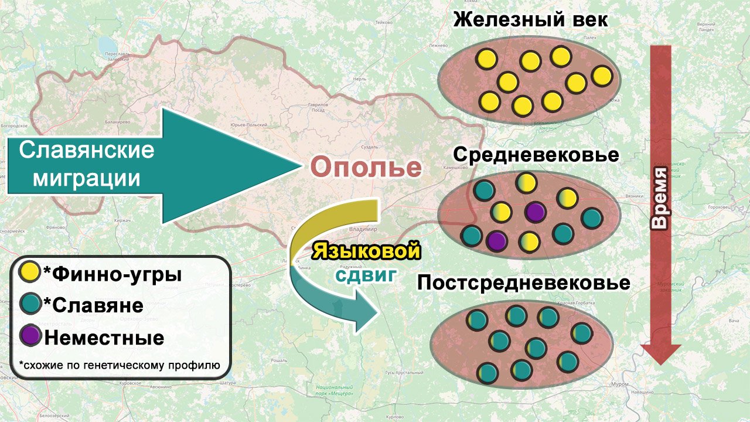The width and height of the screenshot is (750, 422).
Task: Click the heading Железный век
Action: pyautogui.click(x=531, y=20)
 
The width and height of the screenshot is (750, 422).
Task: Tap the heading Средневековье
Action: pyautogui.click(x=536, y=155)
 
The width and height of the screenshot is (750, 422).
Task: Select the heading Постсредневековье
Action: pyautogui.click(x=523, y=284)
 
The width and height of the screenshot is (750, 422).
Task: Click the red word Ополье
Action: pyautogui.click(x=366, y=168)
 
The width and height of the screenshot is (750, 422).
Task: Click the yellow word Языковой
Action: pyautogui.click(x=367, y=251)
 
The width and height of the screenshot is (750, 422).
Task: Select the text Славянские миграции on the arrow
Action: pyautogui.click(x=87, y=164)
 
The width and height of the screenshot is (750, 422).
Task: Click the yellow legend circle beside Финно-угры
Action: pyautogui.click(x=29, y=272)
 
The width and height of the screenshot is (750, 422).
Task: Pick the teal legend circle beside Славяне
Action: pyautogui.click(x=29, y=304)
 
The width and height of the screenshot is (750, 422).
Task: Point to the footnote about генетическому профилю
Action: pyautogui.click(x=119, y=365)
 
